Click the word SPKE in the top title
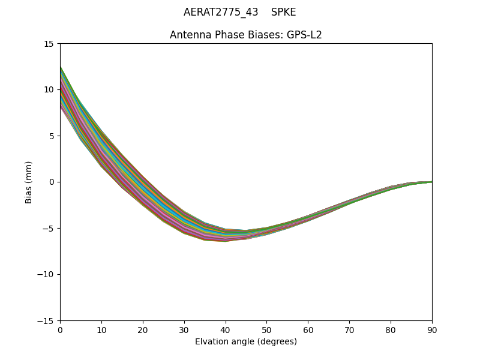[x=283, y=12]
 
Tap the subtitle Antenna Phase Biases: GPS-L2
[x=246, y=35]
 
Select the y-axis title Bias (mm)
[x=29, y=182]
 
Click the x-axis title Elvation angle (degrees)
[x=246, y=342]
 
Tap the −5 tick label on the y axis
[x=48, y=229]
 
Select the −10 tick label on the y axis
[x=46, y=275]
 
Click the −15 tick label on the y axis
[x=46, y=321]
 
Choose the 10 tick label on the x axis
[x=101, y=330]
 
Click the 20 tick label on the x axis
[x=143, y=330]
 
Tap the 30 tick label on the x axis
[x=184, y=330]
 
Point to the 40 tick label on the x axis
[x=226, y=330]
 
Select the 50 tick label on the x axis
[x=266, y=330]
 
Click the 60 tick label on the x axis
[x=308, y=330]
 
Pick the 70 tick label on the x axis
[x=349, y=330]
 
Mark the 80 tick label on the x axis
[x=391, y=330]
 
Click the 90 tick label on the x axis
[x=432, y=330]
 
